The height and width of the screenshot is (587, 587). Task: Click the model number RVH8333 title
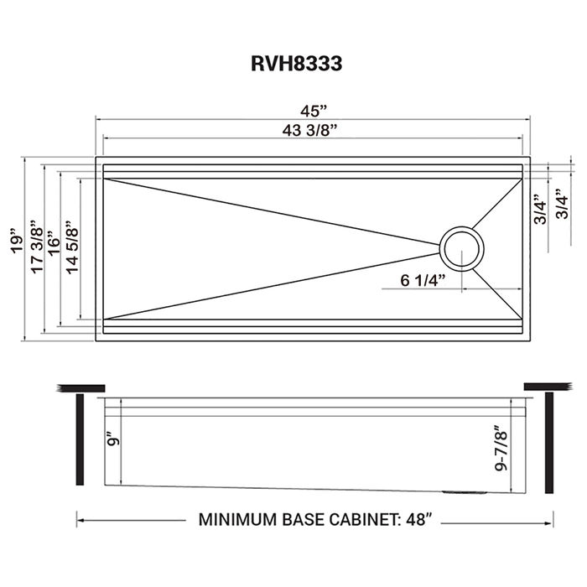(295, 65)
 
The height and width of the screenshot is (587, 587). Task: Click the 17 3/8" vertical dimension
(34, 248)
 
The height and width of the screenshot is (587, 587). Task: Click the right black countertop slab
(547, 387)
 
